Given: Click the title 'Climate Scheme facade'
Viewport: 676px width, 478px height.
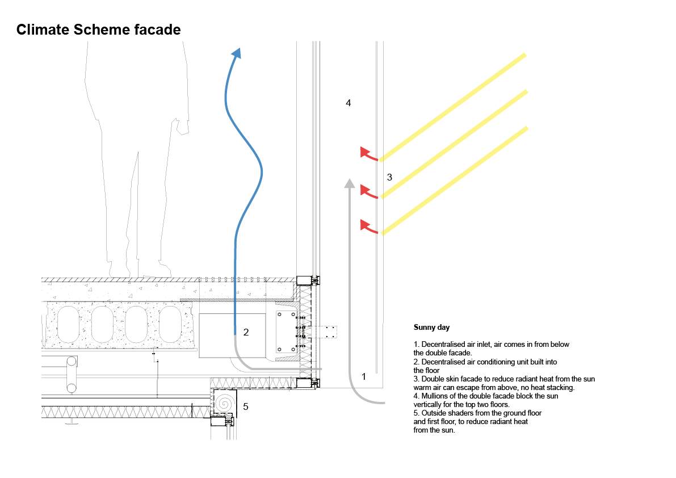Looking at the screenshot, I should (99, 30).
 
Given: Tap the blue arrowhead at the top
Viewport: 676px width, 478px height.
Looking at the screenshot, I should (236, 53).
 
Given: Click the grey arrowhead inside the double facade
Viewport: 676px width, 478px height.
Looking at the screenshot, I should (350, 183).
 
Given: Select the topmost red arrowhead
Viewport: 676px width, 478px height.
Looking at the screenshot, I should (364, 152).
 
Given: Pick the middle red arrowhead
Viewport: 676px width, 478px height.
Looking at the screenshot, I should (364, 189).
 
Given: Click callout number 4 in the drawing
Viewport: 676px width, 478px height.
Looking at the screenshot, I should (349, 103).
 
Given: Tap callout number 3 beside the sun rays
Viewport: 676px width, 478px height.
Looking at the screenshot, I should (389, 177).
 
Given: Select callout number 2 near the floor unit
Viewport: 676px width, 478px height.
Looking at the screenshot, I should (246, 332).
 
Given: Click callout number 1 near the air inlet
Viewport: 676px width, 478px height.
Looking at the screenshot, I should (364, 376).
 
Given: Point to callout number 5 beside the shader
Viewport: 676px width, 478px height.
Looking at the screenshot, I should (246, 406).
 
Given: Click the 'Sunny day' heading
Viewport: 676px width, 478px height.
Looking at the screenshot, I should (431, 328).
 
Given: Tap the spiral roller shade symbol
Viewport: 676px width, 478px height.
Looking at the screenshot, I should (224, 403).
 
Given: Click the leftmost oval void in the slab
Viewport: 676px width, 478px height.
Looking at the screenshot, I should (68, 324).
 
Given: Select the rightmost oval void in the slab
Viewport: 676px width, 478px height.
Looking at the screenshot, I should (171, 324).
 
